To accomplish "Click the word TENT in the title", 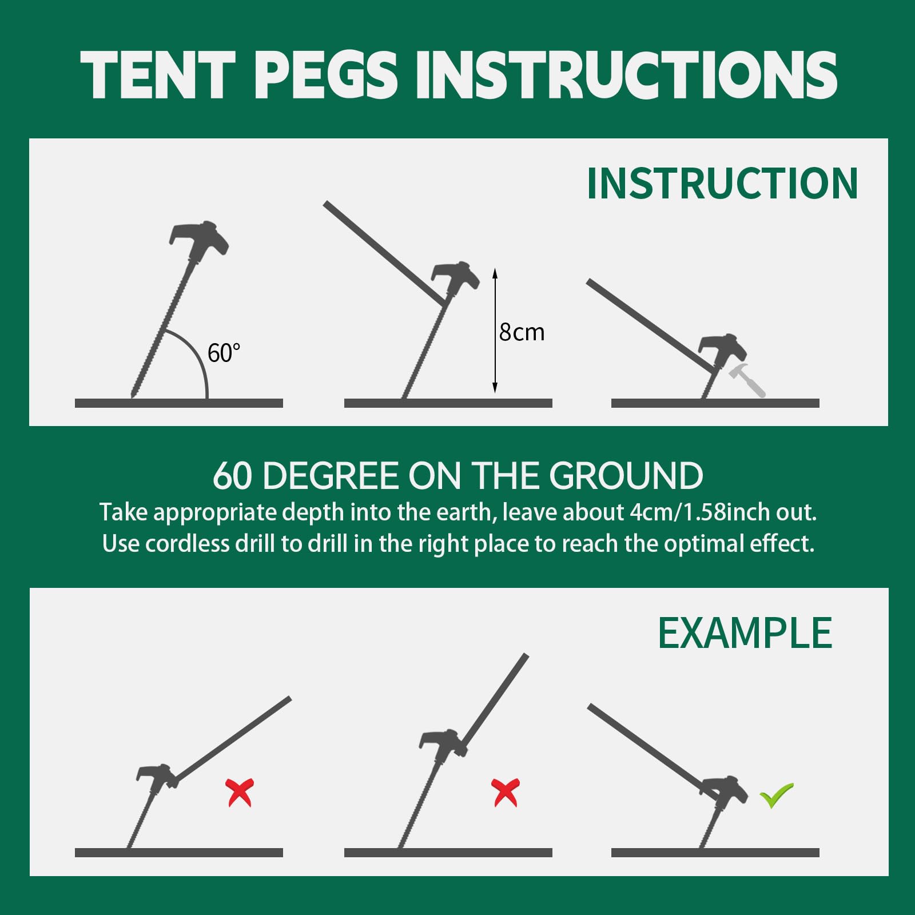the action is [x=158, y=74].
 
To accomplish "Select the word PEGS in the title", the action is [x=326, y=74].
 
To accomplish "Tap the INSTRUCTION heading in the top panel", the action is [x=723, y=184].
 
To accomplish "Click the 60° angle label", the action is [x=224, y=353].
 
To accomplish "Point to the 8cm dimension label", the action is [x=522, y=332].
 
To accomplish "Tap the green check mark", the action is [x=776, y=795].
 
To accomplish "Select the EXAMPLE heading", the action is [x=745, y=633].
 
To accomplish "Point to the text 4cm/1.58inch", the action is [x=699, y=512].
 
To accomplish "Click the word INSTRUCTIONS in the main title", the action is [x=626, y=74].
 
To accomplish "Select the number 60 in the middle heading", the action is [x=232, y=476].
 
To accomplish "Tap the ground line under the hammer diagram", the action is [x=715, y=403].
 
